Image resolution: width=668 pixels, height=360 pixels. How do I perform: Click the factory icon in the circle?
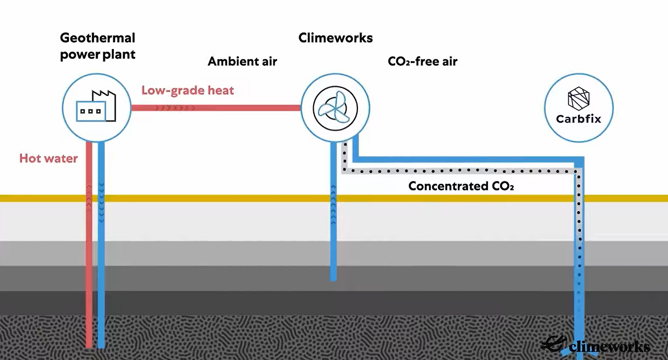[x=97, y=107]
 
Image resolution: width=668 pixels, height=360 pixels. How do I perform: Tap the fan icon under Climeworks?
[x=336, y=108]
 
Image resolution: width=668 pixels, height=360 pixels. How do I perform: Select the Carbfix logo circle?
[x=578, y=107]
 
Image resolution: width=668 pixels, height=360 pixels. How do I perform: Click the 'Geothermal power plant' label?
[x=98, y=46]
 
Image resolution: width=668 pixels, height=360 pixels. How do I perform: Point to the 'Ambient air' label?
[x=242, y=62]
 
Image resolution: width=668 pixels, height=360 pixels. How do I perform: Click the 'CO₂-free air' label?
[x=422, y=62]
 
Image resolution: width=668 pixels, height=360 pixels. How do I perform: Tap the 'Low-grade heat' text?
[x=187, y=90]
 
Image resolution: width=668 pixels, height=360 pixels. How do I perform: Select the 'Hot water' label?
[x=49, y=158]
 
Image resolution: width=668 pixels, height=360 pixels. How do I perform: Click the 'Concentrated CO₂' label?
[x=461, y=186]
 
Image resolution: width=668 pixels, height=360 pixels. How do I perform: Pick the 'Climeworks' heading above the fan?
[x=335, y=38]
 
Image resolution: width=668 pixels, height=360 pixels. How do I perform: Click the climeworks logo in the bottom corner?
[x=595, y=345]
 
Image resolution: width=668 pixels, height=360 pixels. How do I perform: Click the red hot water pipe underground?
[x=89, y=271]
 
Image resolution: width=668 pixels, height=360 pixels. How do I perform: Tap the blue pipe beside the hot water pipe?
[x=101, y=271]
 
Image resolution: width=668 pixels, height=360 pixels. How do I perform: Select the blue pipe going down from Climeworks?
[x=333, y=235]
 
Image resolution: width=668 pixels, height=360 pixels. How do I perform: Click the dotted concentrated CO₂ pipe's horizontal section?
[x=459, y=171]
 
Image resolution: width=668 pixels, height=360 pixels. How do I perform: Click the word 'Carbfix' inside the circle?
[x=578, y=119]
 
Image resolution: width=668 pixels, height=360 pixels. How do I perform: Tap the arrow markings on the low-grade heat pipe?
[x=175, y=108]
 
